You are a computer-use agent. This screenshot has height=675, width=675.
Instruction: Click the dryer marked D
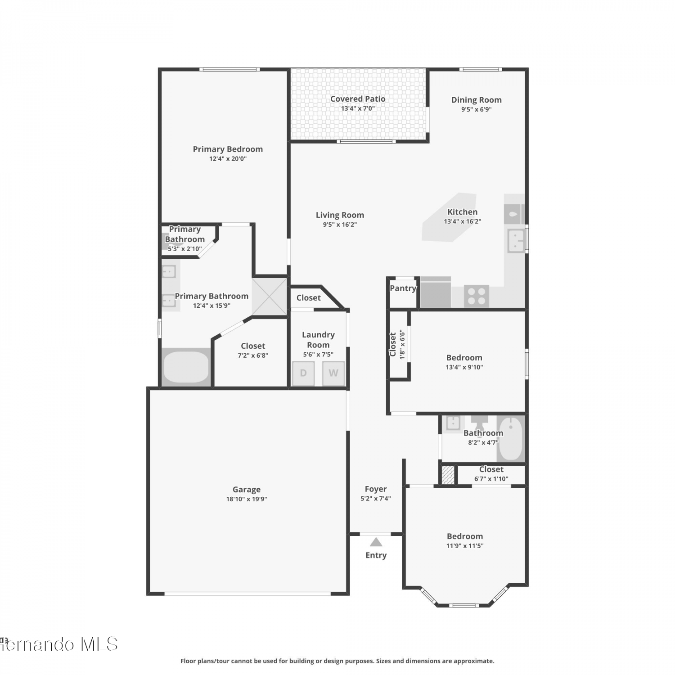pyautogui.click(x=303, y=373)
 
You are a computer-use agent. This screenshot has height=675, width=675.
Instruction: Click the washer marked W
pyautogui.click(x=333, y=373)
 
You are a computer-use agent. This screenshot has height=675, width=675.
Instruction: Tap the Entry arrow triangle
pyautogui.click(x=376, y=542)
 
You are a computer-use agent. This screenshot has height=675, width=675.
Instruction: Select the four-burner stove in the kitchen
pyautogui.click(x=476, y=296)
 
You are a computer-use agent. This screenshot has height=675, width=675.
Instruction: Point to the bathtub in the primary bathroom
pyautogui.click(x=186, y=367)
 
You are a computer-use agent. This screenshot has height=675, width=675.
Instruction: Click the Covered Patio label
pyautogui.click(x=358, y=99)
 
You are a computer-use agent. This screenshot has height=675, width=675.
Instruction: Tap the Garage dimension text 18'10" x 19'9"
pyautogui.click(x=247, y=499)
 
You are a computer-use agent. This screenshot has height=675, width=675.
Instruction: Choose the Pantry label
pyautogui.click(x=403, y=288)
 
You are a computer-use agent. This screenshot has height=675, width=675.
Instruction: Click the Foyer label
pyautogui.click(x=376, y=489)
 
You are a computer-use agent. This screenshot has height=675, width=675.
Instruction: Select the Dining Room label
pyautogui.click(x=477, y=100)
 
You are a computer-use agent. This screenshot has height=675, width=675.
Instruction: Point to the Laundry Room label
pyautogui.click(x=318, y=340)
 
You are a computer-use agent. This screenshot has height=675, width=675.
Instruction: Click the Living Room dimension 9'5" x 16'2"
pyautogui.click(x=340, y=225)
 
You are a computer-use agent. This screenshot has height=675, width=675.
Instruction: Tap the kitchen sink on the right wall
pyautogui.click(x=516, y=241)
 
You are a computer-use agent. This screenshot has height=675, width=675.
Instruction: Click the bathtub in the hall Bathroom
pyautogui.click(x=511, y=439)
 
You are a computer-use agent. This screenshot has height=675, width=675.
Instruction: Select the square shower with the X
pyautogui.click(x=269, y=297)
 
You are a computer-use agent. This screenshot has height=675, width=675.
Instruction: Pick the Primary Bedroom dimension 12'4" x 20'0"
pyautogui.click(x=228, y=159)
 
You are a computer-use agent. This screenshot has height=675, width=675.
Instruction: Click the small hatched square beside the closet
pyautogui.click(x=448, y=475)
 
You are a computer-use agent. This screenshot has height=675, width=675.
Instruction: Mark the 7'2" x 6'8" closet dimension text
pyautogui.click(x=253, y=355)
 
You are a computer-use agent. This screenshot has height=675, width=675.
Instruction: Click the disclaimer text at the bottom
pyautogui.click(x=337, y=661)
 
